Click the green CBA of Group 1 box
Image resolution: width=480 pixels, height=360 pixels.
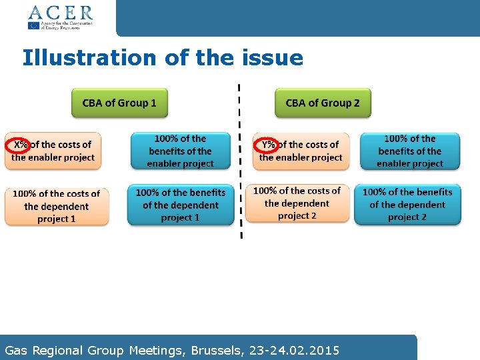click(119, 103)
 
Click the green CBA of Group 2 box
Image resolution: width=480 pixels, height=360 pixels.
click(323, 103)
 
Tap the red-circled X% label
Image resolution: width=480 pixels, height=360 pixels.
click(20, 145)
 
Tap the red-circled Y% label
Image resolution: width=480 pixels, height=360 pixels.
click(268, 145)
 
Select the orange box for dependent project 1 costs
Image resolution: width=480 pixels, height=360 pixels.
click(57, 206)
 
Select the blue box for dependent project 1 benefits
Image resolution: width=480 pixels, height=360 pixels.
click(181, 205)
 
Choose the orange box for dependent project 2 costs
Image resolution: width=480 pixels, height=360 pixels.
click(297, 203)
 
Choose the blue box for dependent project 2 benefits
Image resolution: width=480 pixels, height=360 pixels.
click(407, 205)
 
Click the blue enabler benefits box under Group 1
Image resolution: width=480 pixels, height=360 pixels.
click(181, 151)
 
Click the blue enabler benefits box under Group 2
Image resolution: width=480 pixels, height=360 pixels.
click(410, 151)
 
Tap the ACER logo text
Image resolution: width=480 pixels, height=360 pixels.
click(60, 12)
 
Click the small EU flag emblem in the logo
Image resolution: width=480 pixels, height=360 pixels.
click(33, 25)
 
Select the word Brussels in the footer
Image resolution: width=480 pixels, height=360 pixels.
click(205, 350)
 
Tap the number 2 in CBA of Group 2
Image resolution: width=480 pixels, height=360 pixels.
click(356, 103)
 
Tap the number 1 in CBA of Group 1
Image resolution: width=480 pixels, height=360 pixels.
click(153, 103)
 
